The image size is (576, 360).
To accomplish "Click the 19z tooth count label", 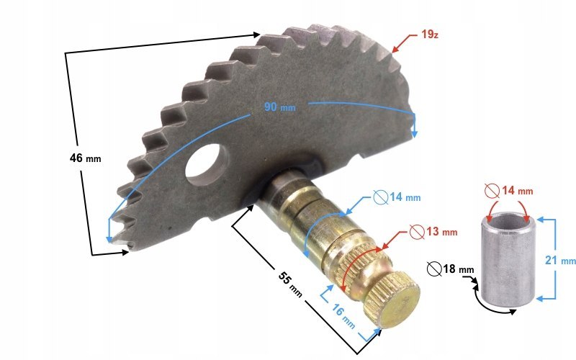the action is click(430, 35).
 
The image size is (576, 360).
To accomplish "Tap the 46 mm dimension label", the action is click(85, 158).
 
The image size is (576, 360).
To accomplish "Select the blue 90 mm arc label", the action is click(279, 107).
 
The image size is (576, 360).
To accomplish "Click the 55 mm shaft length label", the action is click(290, 284).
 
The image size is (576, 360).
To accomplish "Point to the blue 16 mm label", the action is click(343, 316).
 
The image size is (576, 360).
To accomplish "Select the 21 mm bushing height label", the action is click(560, 261).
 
